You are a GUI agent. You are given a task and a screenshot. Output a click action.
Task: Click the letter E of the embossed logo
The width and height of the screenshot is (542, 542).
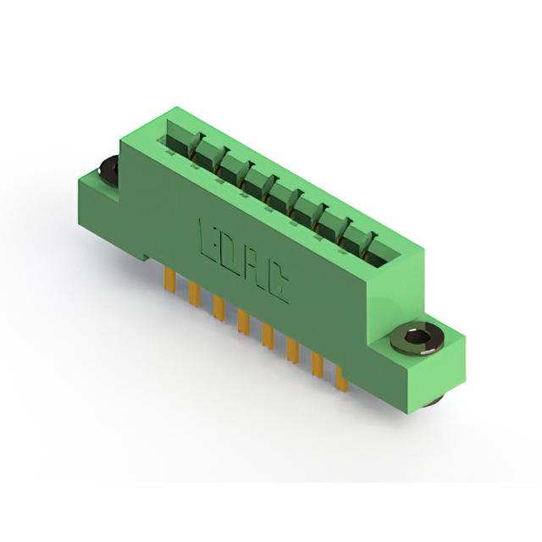tap(208, 238)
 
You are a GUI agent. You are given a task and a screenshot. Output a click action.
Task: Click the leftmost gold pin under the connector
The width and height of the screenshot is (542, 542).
tap(169, 279)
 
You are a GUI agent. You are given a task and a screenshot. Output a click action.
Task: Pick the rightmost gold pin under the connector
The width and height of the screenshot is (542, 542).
tap(342, 379)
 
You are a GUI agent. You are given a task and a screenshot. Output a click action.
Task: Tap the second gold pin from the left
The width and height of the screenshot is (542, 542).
tap(195, 293)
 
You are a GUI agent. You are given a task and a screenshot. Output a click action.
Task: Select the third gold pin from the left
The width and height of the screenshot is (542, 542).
tap(219, 307)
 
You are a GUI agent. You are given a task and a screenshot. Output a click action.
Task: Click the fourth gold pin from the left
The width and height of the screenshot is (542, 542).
tap(243, 322)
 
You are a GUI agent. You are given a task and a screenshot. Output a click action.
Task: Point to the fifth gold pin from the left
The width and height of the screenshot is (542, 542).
tap(268, 335)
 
